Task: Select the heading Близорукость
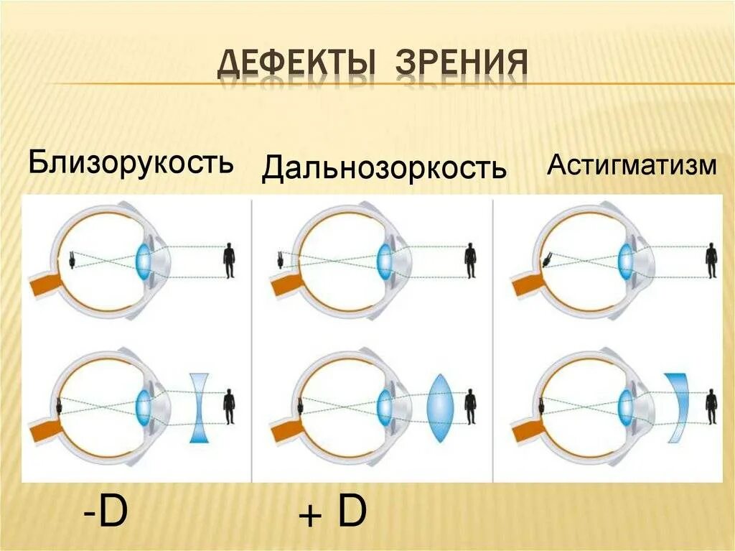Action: [131, 162]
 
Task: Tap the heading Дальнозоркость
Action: [384, 168]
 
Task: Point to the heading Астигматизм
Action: [632, 166]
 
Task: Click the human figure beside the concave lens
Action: [229, 407]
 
